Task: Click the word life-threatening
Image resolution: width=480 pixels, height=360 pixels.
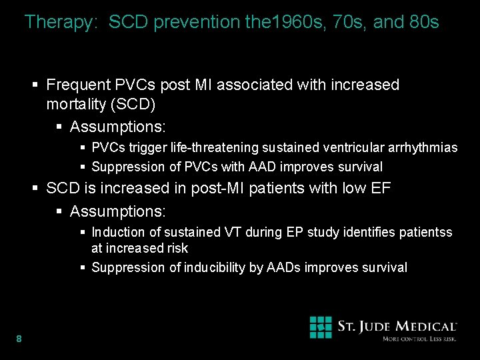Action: tap(213, 147)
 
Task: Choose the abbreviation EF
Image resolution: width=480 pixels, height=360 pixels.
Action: tap(381, 188)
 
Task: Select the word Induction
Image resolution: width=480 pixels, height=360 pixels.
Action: tap(117, 232)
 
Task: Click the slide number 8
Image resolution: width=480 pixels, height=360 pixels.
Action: tap(19, 339)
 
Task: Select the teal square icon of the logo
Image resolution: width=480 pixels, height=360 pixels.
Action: tap(321, 327)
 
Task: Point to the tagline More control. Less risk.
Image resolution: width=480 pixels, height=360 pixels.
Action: tap(419, 339)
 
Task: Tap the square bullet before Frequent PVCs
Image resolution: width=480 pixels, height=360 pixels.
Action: tap(37, 85)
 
